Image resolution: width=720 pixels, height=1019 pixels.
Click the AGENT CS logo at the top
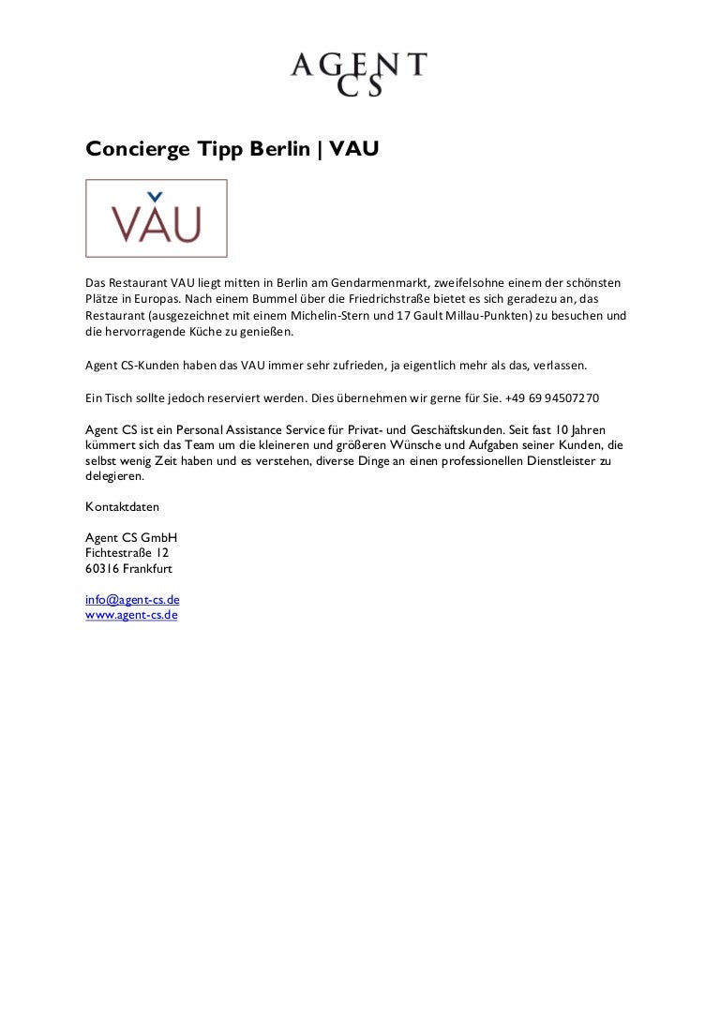click(358, 75)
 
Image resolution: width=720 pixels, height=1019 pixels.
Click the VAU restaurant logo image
click(157, 218)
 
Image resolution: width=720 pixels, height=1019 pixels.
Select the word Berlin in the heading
click(280, 148)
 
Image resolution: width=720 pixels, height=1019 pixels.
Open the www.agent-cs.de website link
click(131, 615)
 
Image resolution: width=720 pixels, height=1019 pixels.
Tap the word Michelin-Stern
click(329, 316)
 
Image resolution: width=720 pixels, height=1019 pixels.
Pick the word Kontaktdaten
click(123, 507)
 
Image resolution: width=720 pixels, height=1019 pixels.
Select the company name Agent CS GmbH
click(131, 538)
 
